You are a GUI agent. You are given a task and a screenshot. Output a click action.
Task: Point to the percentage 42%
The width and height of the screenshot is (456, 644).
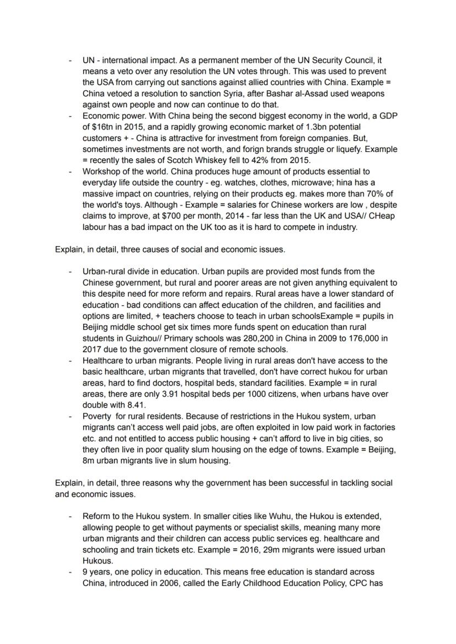pyautogui.click(x=245, y=160)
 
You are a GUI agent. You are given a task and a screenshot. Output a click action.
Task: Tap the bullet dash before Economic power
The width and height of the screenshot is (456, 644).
pyautogui.click(x=70, y=116)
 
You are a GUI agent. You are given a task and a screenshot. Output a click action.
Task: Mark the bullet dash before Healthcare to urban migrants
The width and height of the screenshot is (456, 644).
pyautogui.click(x=70, y=360)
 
